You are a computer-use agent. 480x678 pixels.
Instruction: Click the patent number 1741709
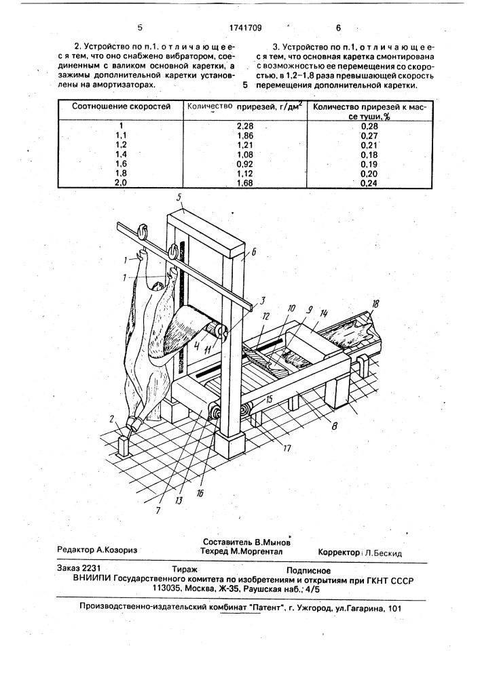click(241, 28)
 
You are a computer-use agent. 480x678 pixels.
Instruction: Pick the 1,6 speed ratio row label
click(121, 163)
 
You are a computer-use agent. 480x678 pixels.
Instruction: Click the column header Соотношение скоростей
click(121, 106)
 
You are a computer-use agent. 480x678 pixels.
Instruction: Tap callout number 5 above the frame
click(179, 199)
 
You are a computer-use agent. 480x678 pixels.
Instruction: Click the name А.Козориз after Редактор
click(112, 552)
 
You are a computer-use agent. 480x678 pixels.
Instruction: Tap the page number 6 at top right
click(338, 28)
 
